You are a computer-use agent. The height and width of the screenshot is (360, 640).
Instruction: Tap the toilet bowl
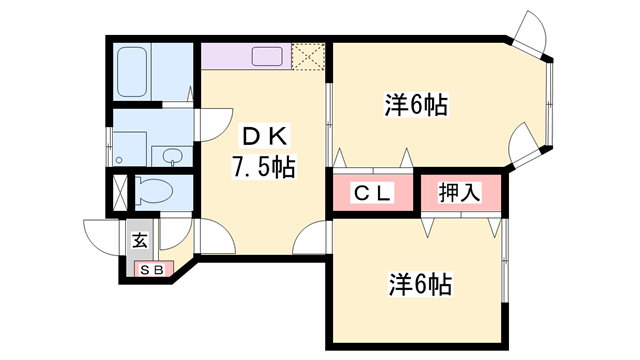[155, 189]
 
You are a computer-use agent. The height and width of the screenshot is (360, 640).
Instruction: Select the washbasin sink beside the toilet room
[171, 155]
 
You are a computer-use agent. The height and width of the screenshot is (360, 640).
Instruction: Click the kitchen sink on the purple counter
[267, 55]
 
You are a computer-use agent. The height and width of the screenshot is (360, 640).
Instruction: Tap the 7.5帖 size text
[263, 168]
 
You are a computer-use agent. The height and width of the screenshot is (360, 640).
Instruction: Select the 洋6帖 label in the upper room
[415, 103]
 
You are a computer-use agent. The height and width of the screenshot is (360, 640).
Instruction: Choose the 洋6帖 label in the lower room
[420, 285]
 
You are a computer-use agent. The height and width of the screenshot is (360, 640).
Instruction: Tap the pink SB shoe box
[152, 270]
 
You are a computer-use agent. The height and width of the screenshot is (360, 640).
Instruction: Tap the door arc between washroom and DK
[213, 125]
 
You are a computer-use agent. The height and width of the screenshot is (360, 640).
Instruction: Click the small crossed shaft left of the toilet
[120, 190]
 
